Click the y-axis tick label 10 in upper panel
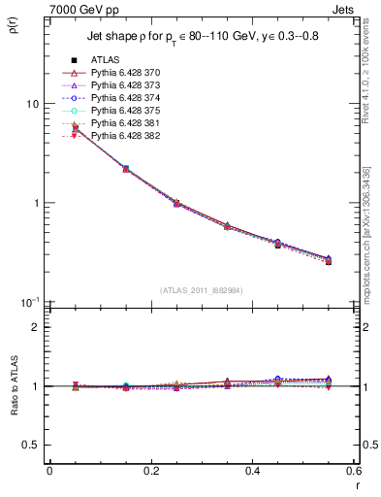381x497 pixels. coord(32,104)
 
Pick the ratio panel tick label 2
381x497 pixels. coord(37,327)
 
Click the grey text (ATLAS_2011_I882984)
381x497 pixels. coord(202,290)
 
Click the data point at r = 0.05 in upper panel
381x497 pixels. coord(75,128)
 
